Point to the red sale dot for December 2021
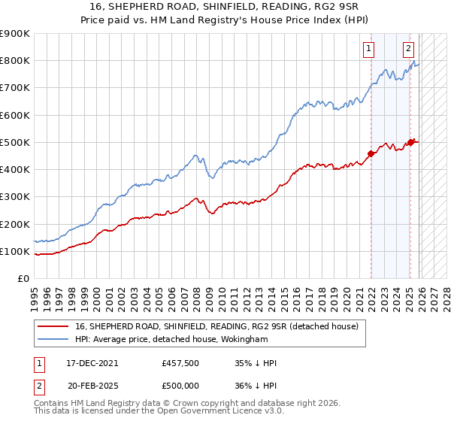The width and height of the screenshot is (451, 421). (371, 154)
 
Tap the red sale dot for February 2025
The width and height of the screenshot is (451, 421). (410, 142)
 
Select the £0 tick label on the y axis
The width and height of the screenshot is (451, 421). (23, 278)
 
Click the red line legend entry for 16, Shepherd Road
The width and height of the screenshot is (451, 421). (217, 326)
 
